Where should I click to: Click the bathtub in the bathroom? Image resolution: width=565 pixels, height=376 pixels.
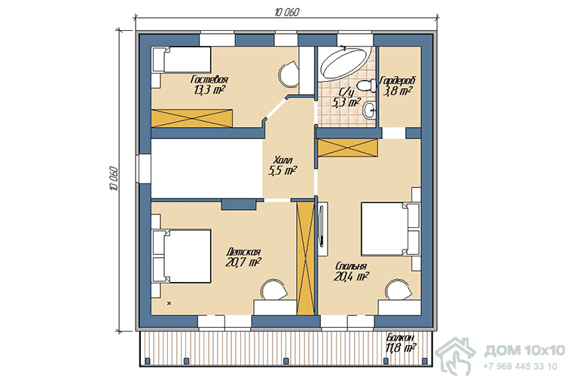coord(344,63)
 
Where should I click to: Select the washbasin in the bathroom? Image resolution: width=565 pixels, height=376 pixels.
coord(370,110)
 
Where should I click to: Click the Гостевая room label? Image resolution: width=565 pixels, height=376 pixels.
coord(209,79)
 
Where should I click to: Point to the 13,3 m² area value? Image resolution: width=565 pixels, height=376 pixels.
coord(209,89)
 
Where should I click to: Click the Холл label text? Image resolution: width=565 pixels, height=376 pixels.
coord(282,159)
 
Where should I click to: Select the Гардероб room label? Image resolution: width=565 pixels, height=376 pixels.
coord(399,80)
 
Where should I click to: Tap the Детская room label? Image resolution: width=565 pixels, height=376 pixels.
coord(243,251)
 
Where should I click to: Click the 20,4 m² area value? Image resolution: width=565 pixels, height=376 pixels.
coord(350,276)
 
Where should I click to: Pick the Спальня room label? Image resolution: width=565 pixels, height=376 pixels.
coord(351,266)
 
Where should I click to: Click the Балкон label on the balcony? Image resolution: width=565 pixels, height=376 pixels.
coord(400,338)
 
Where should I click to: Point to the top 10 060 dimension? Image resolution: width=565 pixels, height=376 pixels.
coord(287,13)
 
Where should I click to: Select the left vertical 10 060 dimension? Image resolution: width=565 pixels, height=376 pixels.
coord(114,178)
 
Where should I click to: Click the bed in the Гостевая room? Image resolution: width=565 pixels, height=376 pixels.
coord(182,59)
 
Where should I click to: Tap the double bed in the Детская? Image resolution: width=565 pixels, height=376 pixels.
coord(182,256)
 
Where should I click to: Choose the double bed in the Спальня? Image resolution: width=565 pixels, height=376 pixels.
coord(390,229)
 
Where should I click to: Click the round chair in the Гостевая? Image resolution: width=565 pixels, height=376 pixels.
coord(289,74)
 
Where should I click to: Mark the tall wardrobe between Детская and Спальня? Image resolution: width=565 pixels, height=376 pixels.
coord(306,259)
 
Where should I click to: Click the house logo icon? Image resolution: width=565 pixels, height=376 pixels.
coord(456,356)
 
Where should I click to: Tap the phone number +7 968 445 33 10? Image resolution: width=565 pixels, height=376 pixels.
coord(520,366)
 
